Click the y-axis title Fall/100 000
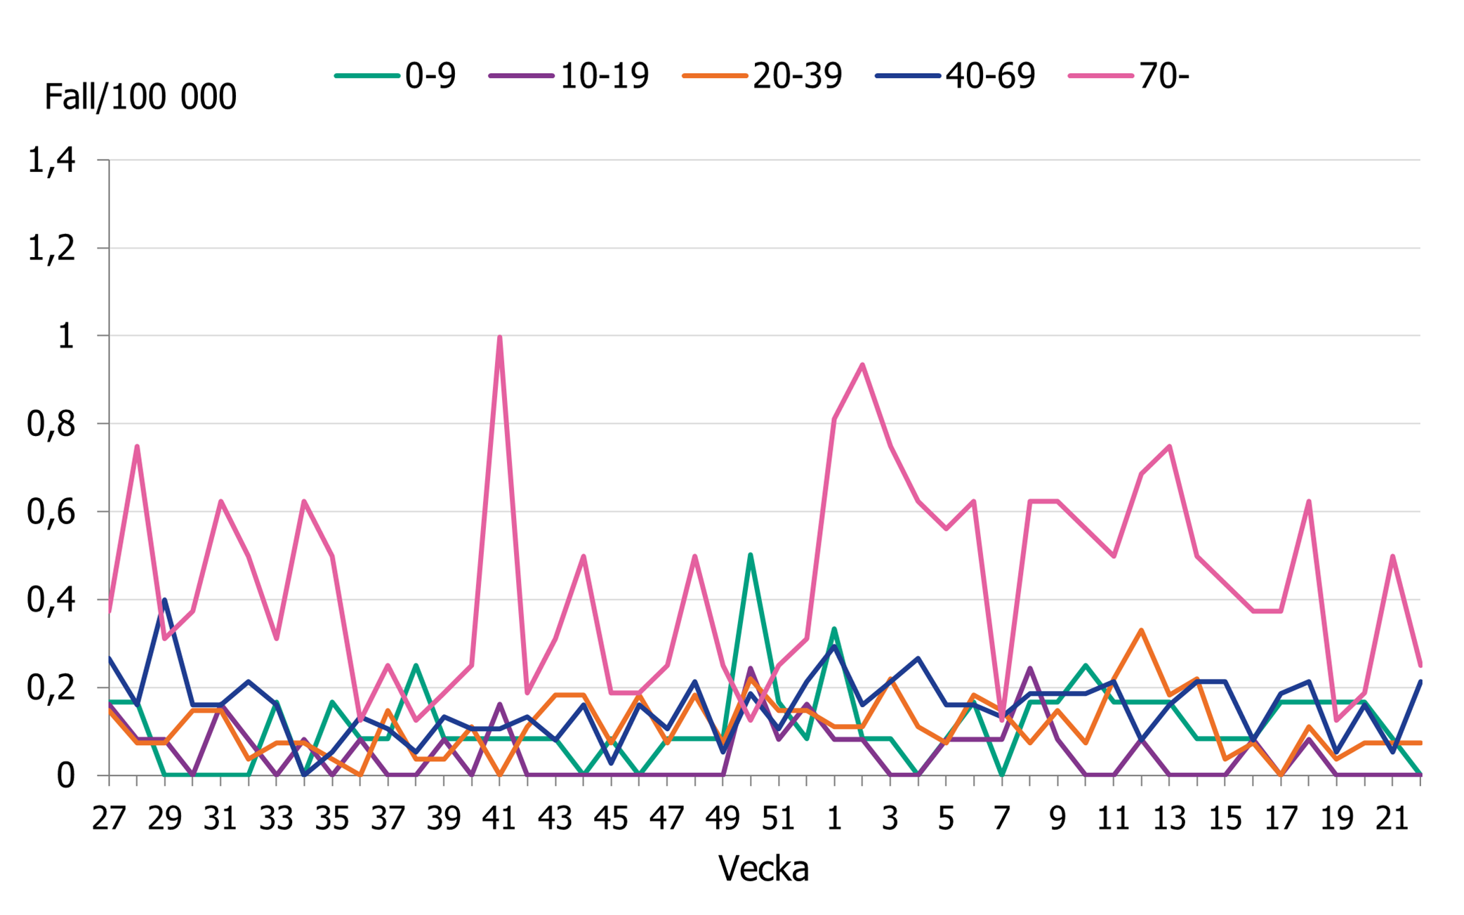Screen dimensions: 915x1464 [x=140, y=97]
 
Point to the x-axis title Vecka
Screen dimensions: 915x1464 [x=763, y=869]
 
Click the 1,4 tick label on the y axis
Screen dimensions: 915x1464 [x=51, y=161]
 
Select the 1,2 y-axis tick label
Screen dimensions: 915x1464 [x=51, y=249]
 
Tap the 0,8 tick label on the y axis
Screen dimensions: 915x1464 [x=51, y=424]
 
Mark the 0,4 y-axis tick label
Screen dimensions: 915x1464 [x=51, y=600]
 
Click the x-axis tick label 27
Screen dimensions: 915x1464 [x=109, y=819]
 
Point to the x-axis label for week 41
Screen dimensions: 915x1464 [x=499, y=819]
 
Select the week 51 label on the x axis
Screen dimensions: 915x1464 [x=778, y=819]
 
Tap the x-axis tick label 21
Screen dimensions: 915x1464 [x=1392, y=819]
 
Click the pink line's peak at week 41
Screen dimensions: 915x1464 [x=499, y=337]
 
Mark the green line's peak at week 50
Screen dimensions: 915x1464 [x=751, y=555]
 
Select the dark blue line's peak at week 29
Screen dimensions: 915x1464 [x=164, y=600]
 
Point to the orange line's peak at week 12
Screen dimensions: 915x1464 [x=1141, y=630]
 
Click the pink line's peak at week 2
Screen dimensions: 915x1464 [x=862, y=364]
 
